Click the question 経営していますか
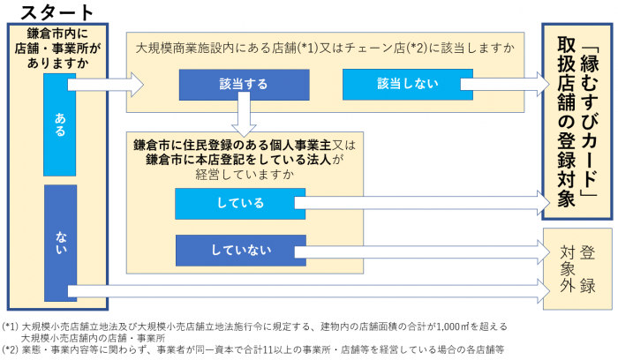239,173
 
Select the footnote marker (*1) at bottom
11,326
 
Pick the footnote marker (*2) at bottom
11,349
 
